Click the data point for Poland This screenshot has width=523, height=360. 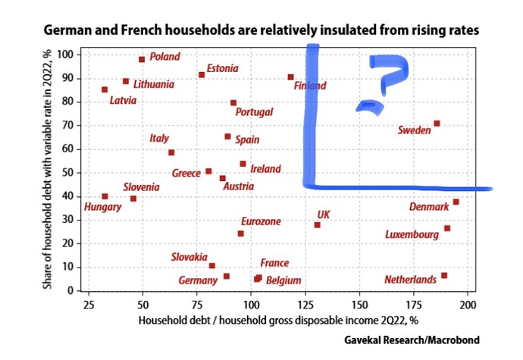[x=142, y=59]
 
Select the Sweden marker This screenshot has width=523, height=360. [x=437, y=123]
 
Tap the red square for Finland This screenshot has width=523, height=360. [x=290, y=77]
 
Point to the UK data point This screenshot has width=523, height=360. [x=317, y=224]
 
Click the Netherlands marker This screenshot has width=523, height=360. [x=444, y=275]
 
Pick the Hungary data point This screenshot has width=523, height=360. [x=105, y=196]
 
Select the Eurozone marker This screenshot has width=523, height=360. [x=240, y=233]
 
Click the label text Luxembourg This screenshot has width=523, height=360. [x=412, y=235]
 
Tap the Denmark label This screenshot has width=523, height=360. [x=429, y=206]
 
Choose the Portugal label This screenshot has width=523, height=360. [x=254, y=112]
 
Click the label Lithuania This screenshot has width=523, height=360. [x=153, y=84]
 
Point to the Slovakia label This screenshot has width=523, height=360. [x=190, y=257]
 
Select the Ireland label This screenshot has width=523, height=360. [x=265, y=169]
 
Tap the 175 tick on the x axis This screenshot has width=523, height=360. [x=414, y=305]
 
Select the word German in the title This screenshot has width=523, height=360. [x=67, y=31]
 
